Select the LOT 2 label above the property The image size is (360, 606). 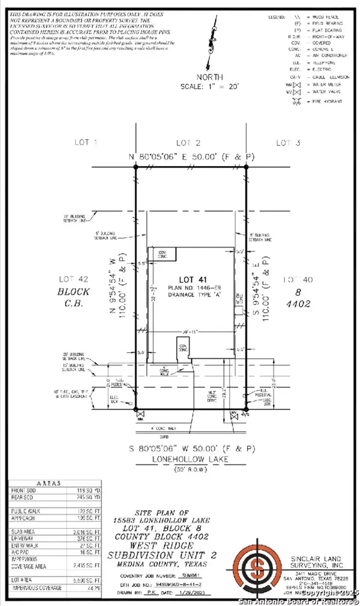188,142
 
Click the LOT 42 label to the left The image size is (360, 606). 74,278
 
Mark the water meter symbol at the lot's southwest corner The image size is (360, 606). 140,414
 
